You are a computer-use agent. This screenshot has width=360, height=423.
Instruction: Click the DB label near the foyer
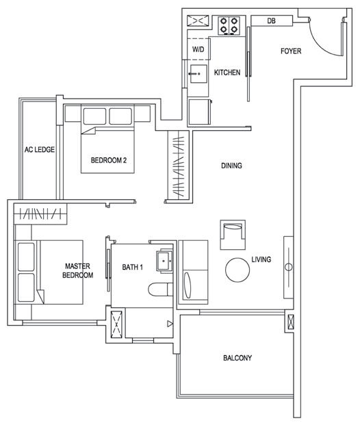271,21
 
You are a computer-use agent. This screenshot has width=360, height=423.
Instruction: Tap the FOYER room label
291,51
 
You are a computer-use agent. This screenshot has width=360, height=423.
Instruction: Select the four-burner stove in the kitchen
229,25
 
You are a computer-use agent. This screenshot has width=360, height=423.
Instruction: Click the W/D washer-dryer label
198,49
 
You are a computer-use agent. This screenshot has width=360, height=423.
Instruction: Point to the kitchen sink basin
198,74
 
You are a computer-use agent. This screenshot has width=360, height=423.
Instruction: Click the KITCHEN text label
227,73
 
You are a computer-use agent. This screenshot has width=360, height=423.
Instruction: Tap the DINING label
231,166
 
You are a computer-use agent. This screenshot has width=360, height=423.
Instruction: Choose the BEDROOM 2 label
108,160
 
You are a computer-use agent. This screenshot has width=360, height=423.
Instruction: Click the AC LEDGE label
40,149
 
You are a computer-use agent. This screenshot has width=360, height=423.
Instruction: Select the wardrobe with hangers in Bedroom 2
178,166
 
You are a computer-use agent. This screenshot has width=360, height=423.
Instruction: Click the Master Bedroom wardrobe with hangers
40,214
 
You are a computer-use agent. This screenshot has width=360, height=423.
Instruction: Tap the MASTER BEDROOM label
77,270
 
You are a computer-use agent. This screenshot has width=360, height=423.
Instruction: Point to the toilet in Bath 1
160,290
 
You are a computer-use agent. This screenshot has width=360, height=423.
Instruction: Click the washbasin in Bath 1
164,261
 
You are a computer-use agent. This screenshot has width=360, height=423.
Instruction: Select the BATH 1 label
132,267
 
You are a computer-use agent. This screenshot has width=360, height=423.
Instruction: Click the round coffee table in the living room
237,270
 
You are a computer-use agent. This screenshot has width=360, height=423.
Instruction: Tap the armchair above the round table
233,235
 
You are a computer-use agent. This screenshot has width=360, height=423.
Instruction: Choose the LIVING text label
261,259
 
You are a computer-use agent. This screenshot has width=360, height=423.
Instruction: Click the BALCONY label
237,358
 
